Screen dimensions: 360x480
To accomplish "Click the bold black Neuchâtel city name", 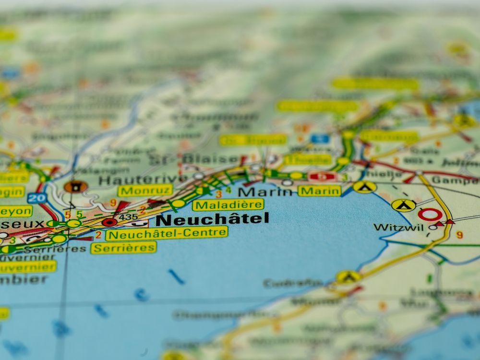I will click(x=212, y=219).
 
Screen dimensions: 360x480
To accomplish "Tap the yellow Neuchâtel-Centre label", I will click(x=167, y=234).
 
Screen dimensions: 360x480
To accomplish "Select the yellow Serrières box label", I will click(x=123, y=248).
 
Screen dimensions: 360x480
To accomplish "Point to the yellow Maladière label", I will click(x=228, y=205).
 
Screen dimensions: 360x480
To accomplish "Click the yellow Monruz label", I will click(x=145, y=190).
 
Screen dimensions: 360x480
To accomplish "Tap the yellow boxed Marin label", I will click(x=319, y=191).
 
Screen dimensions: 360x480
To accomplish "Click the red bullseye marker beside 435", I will click(x=109, y=222).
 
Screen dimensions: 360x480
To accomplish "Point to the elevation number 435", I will click(x=128, y=217).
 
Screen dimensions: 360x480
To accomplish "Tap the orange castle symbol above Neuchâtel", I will click(x=75, y=186).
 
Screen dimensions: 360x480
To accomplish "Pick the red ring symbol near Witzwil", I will click(x=430, y=215).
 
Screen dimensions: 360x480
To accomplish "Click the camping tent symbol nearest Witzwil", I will click(x=403, y=205).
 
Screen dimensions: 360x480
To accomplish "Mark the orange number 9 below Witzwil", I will click(x=459, y=235).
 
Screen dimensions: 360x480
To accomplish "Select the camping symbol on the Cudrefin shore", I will click(x=348, y=276).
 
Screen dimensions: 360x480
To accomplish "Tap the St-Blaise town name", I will click(x=194, y=159).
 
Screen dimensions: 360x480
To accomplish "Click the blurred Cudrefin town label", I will click(x=293, y=283).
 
